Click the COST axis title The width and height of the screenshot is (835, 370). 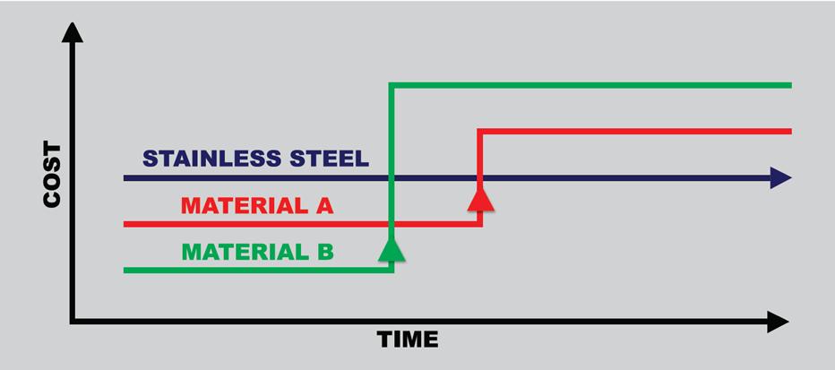52,175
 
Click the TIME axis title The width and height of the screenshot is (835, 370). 408,340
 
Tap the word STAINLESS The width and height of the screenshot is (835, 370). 211,159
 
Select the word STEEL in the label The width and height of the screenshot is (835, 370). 327,159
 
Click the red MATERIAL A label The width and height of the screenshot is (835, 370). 257,206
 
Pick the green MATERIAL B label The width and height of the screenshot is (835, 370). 257,253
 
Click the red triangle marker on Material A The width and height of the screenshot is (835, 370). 481,197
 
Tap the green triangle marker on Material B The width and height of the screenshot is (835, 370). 392,248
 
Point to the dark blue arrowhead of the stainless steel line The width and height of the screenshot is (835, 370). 780,178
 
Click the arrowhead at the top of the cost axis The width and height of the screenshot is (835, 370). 73,32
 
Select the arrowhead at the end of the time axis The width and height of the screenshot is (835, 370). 778,322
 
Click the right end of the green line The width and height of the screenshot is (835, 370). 789,85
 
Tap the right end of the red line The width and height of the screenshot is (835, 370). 789,132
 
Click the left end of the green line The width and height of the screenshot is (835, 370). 126,270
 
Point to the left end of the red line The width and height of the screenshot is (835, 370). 126,224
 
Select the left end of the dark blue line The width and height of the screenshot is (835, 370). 126,178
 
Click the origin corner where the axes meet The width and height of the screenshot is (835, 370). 73,322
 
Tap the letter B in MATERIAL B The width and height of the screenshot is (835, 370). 324,253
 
